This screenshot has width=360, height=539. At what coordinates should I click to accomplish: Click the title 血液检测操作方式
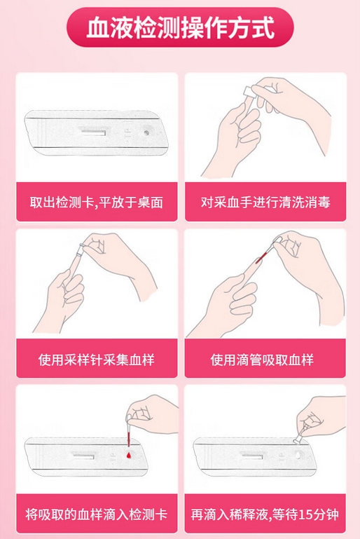tap(180, 27)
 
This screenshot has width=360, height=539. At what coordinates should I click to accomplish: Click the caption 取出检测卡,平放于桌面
tap(96, 202)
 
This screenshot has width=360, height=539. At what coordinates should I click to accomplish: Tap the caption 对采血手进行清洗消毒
tap(265, 202)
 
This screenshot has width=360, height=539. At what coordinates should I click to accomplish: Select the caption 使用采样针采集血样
tap(96, 360)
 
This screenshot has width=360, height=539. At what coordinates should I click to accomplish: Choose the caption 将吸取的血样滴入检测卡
tap(96, 514)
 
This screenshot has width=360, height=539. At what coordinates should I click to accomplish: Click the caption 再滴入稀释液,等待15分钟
tap(265, 514)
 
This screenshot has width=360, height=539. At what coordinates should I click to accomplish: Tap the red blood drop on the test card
tap(128, 456)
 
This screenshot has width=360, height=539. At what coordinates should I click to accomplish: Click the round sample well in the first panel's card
tap(147, 132)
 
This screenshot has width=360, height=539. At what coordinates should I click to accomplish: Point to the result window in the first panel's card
tap(92, 131)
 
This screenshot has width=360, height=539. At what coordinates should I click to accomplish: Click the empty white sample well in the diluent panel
tap(298, 455)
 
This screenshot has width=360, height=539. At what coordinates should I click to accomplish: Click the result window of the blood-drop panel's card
tap(84, 456)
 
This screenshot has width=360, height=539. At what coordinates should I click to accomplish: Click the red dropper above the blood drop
tap(128, 432)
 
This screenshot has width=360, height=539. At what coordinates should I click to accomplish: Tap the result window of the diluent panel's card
tap(252, 456)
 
